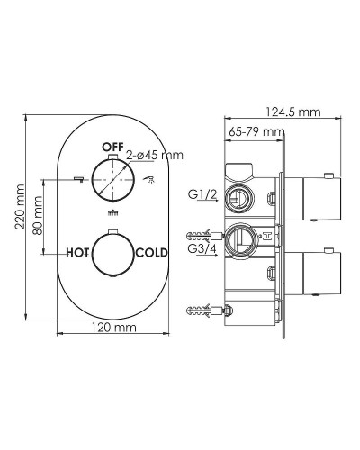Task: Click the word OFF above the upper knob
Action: (112, 145)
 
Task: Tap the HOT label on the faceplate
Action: (79, 253)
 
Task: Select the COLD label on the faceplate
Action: (150, 253)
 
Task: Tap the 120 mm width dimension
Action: (113, 327)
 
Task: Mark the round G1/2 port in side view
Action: (238, 196)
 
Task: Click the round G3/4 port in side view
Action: (238, 238)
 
